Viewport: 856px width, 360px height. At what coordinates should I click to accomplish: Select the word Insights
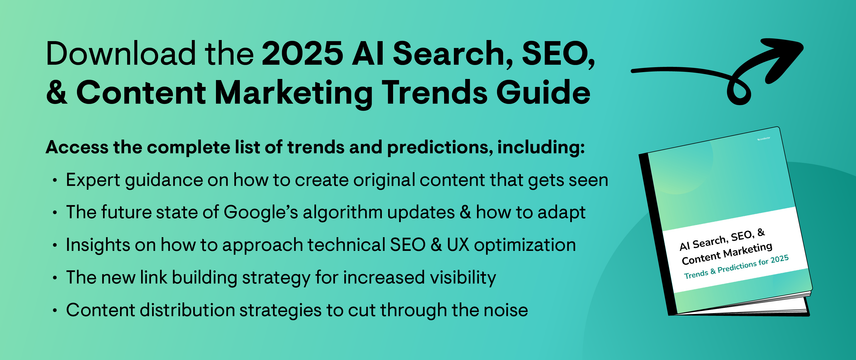98,245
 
